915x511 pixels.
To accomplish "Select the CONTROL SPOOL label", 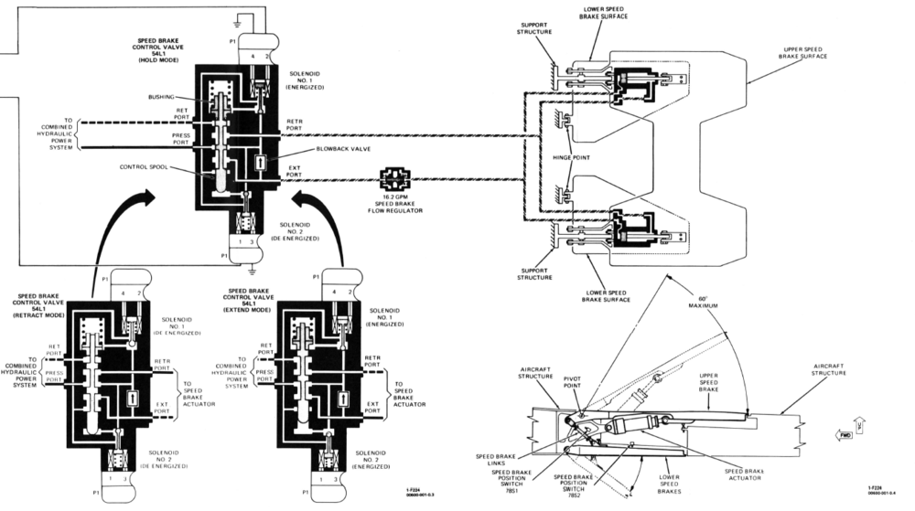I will click(142, 167).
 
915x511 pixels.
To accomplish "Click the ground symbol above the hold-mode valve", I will click(239, 17).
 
